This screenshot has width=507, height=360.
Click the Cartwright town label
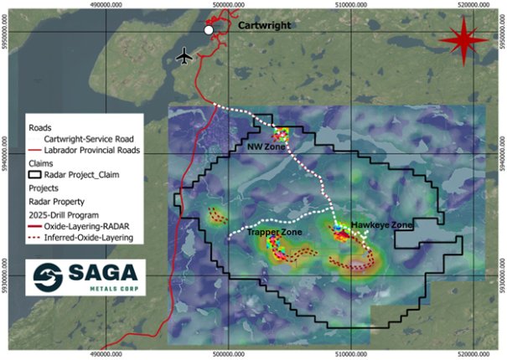[264, 26]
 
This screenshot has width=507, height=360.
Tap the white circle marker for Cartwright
[209, 30]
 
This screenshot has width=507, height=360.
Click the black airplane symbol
[185, 55]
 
